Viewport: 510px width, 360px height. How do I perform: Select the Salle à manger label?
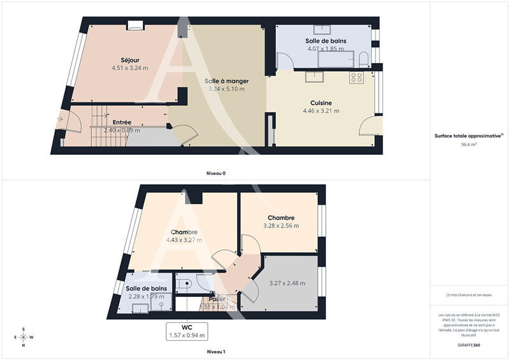pos(226,82)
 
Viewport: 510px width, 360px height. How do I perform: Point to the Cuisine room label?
pos(321,103)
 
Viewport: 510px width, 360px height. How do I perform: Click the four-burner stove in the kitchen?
pos(356,78)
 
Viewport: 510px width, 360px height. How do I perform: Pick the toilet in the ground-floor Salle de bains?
pos(363,61)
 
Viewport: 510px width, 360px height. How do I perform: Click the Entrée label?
pos(122,122)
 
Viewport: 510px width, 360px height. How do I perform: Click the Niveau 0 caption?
pos(215,173)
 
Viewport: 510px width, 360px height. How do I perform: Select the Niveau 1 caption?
pos(215,352)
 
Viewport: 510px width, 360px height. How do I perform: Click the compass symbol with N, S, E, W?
pos(24,337)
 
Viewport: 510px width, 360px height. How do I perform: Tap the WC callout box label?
pos(187,327)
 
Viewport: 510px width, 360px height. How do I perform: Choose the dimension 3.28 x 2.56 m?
pos(280,226)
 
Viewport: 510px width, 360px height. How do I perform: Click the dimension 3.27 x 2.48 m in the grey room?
pos(287,284)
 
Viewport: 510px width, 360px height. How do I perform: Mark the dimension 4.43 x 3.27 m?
pos(184,240)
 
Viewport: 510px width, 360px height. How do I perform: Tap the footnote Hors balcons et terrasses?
pos(469,294)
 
